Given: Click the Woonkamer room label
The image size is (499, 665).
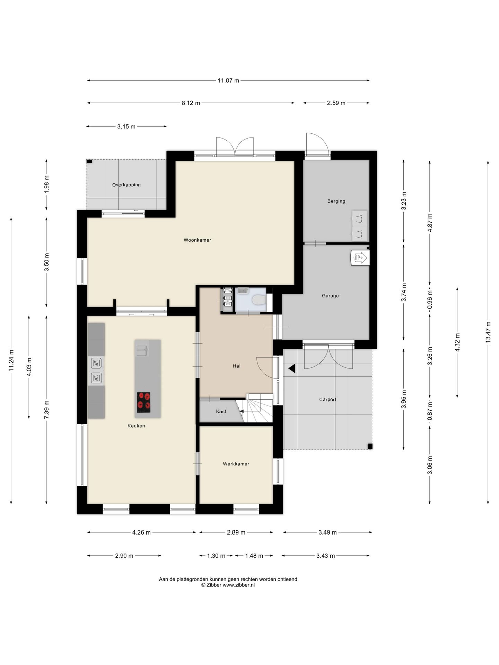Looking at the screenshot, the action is point(197,240).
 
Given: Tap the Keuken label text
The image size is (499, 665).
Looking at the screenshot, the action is point(136,426).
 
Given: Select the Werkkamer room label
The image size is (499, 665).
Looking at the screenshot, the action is point(236,464).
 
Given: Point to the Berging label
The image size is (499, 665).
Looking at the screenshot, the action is point(336,201).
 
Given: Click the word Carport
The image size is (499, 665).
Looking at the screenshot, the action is point(327,399).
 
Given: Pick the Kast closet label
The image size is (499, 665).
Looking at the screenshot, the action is point(221,411).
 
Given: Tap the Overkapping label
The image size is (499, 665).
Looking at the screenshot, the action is point(126,185).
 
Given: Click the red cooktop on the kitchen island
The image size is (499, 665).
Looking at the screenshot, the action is point(144,402).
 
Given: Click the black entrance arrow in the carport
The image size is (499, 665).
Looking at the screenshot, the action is point(292,369).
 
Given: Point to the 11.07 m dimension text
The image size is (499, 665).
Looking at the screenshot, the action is point(228,81).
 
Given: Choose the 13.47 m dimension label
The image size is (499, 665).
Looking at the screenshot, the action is point(488,332).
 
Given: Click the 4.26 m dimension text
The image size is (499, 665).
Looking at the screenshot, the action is point(141,532).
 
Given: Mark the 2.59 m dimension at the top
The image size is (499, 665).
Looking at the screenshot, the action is point(336,103).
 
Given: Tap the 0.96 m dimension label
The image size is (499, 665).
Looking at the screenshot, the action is point(430,298).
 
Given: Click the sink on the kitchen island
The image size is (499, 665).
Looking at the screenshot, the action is point(142,350).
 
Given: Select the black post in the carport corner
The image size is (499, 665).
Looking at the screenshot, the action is point(370,446).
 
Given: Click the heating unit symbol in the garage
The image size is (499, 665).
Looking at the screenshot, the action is point(360,258).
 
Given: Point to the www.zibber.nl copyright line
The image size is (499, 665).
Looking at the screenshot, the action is point(228,585).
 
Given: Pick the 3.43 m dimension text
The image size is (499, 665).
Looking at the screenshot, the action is point(325,556).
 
